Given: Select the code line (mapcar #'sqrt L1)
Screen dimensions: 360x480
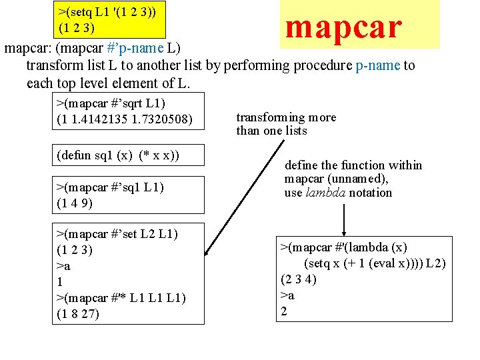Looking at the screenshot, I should [x=111, y=103].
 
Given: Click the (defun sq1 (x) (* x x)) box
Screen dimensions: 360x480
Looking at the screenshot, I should [x=118, y=156].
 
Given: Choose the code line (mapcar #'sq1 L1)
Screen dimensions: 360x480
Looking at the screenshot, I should [x=110, y=187].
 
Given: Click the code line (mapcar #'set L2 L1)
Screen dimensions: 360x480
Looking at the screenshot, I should [x=117, y=233].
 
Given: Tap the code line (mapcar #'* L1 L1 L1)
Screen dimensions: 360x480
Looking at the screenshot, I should [x=121, y=297].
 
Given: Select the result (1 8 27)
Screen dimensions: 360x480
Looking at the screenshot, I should [x=77, y=313].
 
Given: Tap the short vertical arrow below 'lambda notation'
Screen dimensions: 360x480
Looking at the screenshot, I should [x=343, y=220].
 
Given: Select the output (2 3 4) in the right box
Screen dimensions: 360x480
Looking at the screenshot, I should [x=299, y=279].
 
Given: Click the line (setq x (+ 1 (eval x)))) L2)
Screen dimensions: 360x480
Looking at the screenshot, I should [x=374, y=263].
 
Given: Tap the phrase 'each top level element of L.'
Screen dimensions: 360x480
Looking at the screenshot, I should [x=108, y=83].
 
